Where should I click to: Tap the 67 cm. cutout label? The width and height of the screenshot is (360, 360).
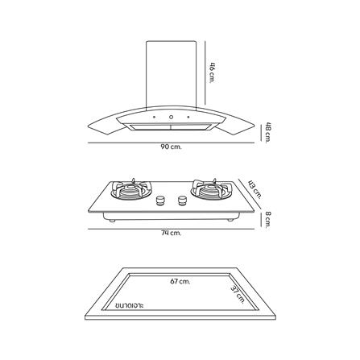coord(179,282)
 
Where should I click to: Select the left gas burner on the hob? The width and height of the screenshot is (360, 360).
coord(127,192)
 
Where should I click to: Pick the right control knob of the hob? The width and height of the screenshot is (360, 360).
coord(179,199)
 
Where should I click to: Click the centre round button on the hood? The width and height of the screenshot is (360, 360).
coord(171,122)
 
